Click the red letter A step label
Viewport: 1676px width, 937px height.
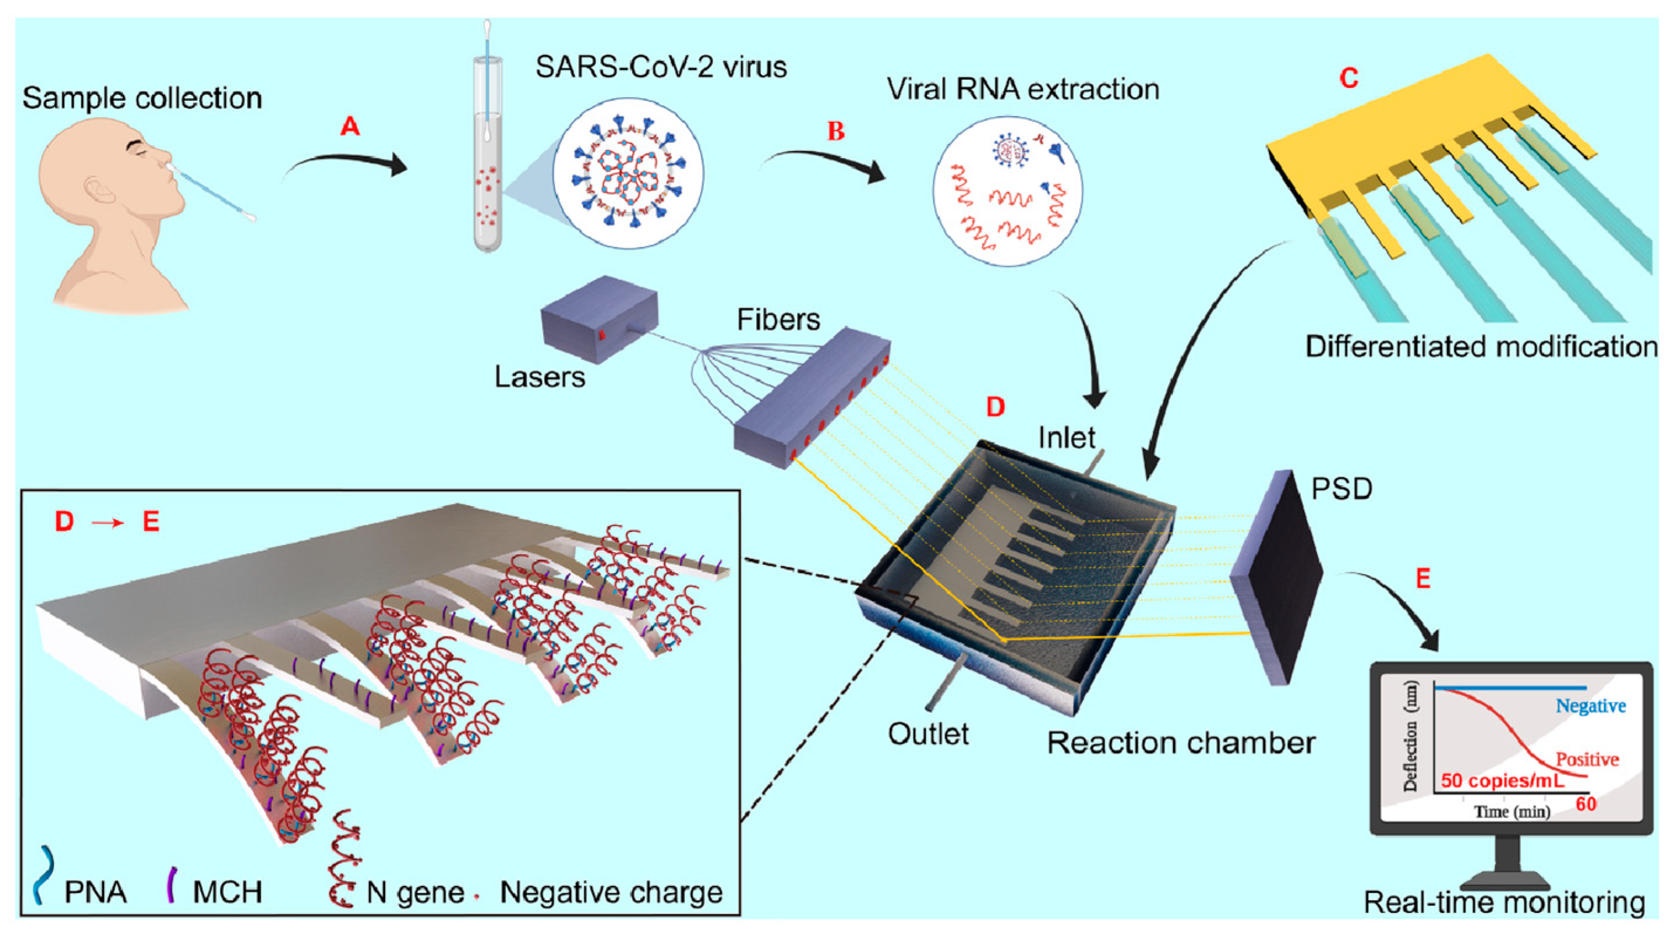pos(350,126)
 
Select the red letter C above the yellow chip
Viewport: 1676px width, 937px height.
pos(1349,78)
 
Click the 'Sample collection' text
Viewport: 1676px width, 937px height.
pos(142,98)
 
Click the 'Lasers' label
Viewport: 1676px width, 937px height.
pos(540,377)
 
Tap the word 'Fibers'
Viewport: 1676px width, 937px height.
pos(778,320)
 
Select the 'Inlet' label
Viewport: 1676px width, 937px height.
pos(1066,437)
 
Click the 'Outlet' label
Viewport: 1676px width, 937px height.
pos(929,734)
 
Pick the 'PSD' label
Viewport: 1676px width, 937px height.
pos(1342,488)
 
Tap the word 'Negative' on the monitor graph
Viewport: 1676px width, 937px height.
pos(1591,705)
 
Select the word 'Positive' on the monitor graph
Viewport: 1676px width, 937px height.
pos(1587,759)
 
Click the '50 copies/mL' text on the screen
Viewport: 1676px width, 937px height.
pos(1502,780)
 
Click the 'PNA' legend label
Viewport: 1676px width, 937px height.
pos(95,892)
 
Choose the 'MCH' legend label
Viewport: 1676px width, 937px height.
pos(227,892)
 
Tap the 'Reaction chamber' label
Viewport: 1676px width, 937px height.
pos(1181,743)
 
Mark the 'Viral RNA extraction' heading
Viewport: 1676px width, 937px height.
pos(1023,89)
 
